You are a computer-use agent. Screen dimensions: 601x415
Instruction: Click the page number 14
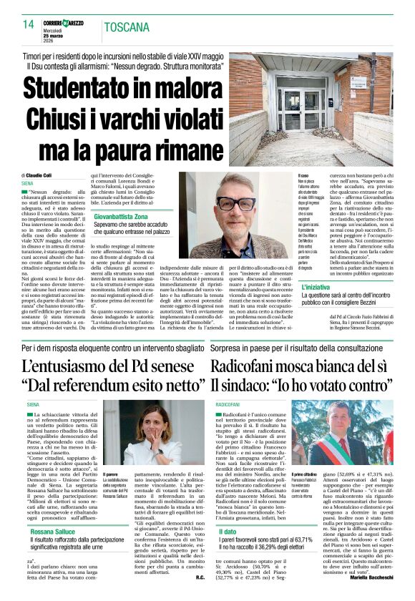click(29, 24)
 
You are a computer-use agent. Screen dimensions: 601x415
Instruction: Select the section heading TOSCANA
click(127, 27)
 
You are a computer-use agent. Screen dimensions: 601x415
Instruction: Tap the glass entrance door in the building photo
click(313, 109)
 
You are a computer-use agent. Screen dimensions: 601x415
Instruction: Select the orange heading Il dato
click(228, 532)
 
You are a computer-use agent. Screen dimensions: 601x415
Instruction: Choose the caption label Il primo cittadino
click(318, 473)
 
